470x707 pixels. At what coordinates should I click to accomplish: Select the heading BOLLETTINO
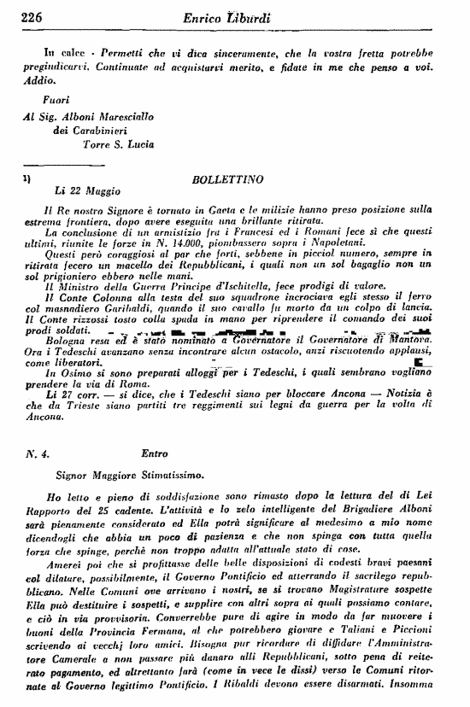pyautogui.click(x=223, y=182)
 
